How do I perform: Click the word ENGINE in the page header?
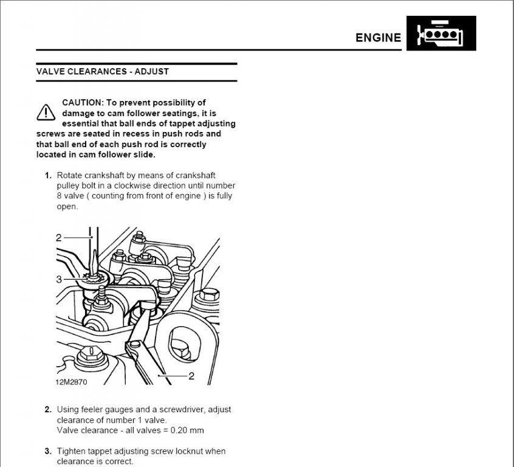click(x=378, y=37)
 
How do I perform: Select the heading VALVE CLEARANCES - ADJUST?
click(x=103, y=71)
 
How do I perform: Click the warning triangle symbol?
click(x=46, y=112)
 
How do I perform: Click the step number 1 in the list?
click(x=47, y=175)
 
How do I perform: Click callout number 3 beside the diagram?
click(x=59, y=279)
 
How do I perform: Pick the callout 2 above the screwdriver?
click(x=59, y=238)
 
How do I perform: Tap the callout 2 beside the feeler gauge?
click(x=191, y=376)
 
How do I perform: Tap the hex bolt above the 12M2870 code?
click(x=91, y=353)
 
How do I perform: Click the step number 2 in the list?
click(x=47, y=410)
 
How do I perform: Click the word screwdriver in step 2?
click(x=172, y=410)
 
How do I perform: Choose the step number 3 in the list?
click(x=47, y=451)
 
